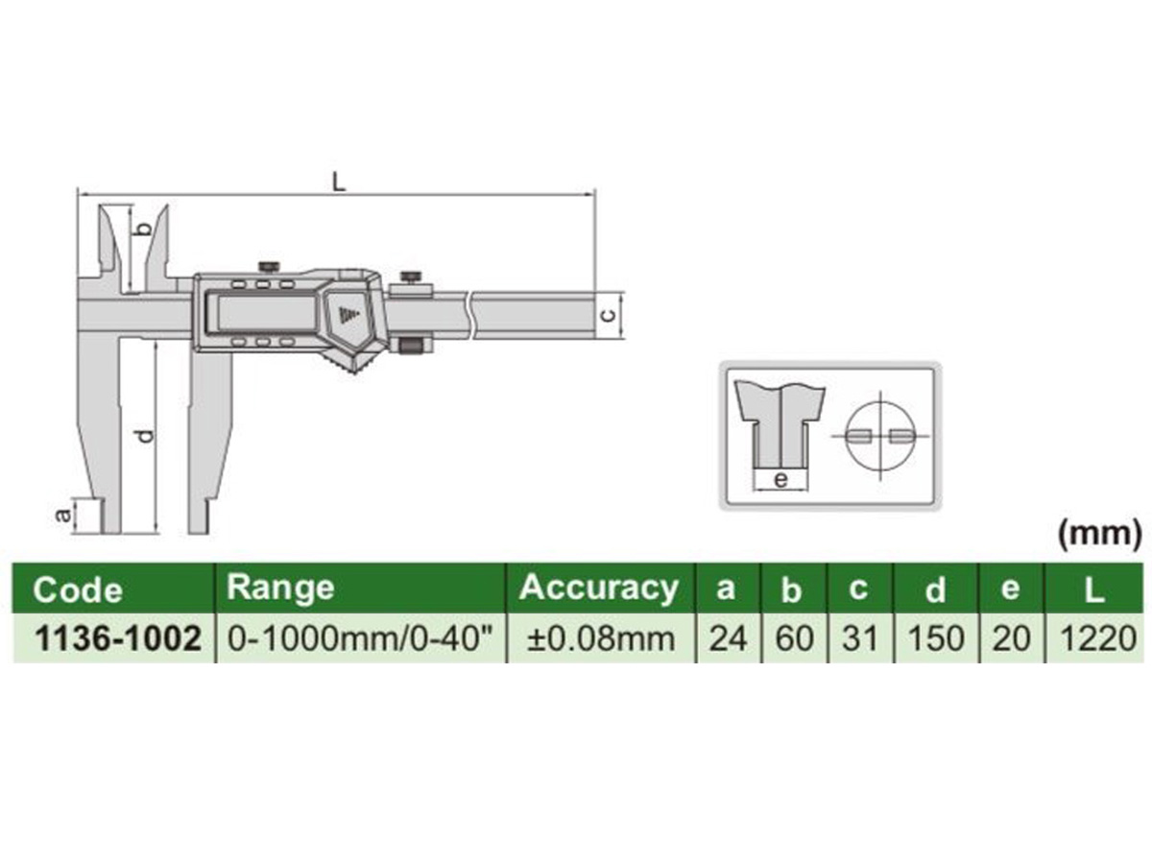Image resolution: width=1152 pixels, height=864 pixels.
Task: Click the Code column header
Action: (79, 588)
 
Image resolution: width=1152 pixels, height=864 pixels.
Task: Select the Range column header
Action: (280, 587)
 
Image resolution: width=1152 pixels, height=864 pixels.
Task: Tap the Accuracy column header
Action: (598, 587)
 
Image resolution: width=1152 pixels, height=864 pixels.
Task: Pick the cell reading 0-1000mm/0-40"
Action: (362, 637)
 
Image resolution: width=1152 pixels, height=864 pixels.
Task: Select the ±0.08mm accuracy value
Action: (599, 637)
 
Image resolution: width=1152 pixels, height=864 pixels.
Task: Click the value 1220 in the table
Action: (1093, 637)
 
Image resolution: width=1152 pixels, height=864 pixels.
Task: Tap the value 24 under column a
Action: (727, 637)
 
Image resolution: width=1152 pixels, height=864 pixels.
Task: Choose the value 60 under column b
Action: (793, 637)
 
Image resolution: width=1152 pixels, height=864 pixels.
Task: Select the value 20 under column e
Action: (1009, 637)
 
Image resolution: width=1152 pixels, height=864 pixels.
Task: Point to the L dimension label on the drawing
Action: (338, 180)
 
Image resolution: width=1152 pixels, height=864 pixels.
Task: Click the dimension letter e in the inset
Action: (780, 478)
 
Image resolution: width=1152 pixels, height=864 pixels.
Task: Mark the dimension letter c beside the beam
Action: (608, 315)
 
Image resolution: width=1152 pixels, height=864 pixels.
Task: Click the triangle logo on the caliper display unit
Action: (347, 312)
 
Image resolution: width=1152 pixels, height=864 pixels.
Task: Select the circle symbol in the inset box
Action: (881, 435)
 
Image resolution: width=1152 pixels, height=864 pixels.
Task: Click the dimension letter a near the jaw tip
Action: (63, 516)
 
